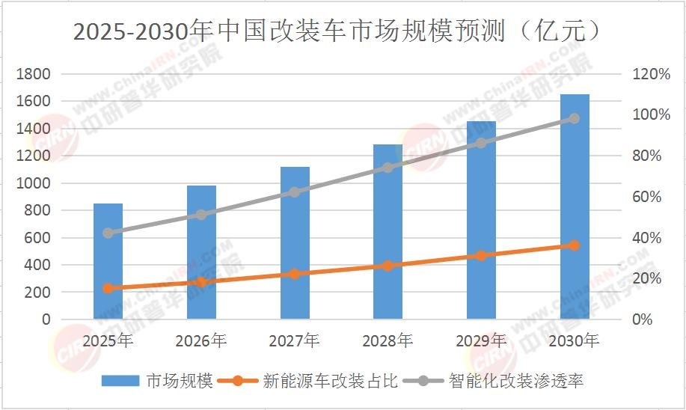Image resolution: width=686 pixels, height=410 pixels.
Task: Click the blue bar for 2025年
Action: (x=108, y=261)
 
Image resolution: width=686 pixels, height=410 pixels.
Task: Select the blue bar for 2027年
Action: (x=295, y=243)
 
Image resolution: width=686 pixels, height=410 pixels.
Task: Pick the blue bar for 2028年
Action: (x=388, y=232)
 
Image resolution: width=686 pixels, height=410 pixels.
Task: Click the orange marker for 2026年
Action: (x=201, y=282)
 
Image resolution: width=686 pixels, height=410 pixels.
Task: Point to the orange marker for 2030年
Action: (x=575, y=245)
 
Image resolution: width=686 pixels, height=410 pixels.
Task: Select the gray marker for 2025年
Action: (x=108, y=233)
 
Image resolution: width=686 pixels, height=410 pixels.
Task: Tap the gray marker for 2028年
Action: (x=388, y=168)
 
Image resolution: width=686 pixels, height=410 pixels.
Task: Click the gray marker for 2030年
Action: (x=575, y=118)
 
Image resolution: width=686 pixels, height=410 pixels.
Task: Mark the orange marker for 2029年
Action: (x=481, y=256)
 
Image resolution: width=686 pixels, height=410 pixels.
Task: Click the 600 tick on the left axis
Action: (x=40, y=238)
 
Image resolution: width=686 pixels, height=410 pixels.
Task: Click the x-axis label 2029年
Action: (x=481, y=341)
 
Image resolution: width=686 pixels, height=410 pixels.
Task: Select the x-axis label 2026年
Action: (x=201, y=341)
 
